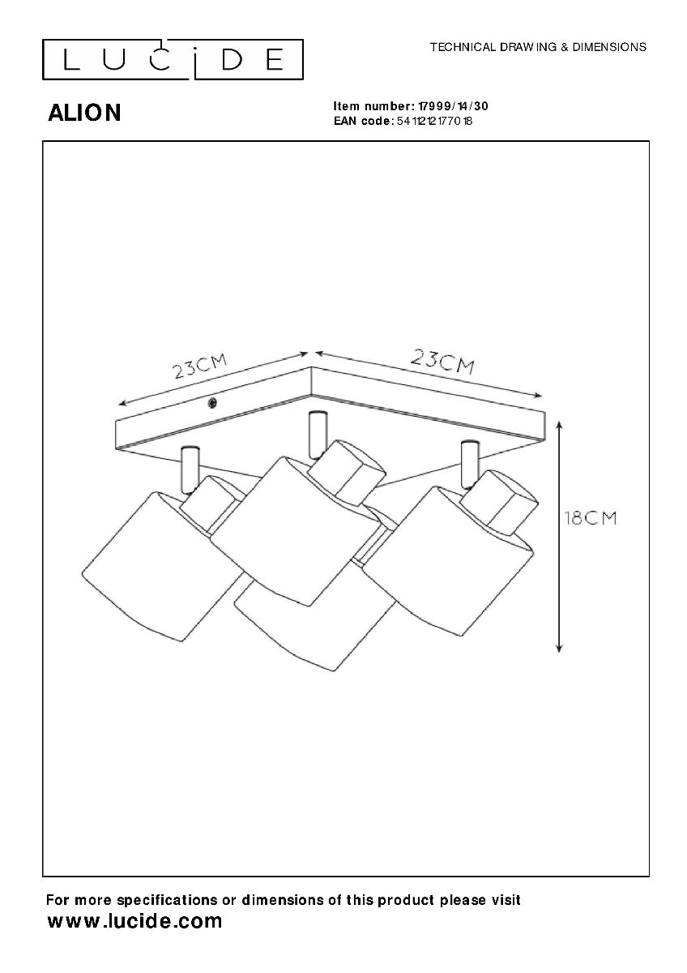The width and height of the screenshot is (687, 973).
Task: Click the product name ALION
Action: (x=85, y=114)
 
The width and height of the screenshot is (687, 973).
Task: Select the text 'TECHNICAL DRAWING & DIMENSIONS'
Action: (x=538, y=47)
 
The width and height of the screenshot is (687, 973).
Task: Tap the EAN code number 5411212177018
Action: (x=433, y=121)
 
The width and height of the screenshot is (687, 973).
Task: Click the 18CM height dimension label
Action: (x=590, y=518)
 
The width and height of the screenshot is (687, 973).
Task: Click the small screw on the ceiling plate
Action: (x=212, y=403)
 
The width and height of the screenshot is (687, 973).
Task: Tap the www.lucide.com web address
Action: (x=134, y=921)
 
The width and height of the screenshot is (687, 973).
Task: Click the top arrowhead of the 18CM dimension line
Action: (x=559, y=424)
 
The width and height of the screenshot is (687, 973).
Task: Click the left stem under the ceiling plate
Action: (x=190, y=469)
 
